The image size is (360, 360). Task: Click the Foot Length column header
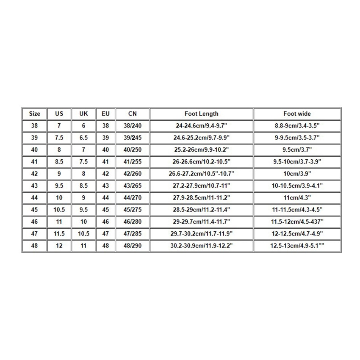pyautogui.click(x=201, y=114)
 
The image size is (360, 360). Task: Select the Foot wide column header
pyautogui.click(x=297, y=114)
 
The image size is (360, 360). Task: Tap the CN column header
pyautogui.click(x=132, y=114)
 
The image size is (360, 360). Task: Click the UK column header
pyautogui.click(x=83, y=114)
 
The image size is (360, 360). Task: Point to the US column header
pyautogui.click(x=59, y=114)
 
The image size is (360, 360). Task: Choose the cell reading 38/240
pyautogui.click(x=132, y=125)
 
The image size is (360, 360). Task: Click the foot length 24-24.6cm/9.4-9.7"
pyautogui.click(x=201, y=125)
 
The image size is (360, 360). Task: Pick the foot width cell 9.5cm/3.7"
pyautogui.click(x=297, y=150)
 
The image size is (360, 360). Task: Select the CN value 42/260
pyautogui.click(x=132, y=174)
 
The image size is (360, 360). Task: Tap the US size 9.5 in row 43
pyautogui.click(x=59, y=186)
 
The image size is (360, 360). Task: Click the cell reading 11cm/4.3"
pyautogui.click(x=297, y=198)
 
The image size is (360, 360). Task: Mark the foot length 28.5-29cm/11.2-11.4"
pyautogui.click(x=201, y=210)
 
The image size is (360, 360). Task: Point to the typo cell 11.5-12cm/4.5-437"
pyautogui.click(x=297, y=222)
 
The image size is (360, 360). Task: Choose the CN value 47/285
pyautogui.click(x=132, y=234)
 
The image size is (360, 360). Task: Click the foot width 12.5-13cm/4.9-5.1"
pyautogui.click(x=297, y=246)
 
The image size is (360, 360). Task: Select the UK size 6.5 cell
pyautogui.click(x=83, y=138)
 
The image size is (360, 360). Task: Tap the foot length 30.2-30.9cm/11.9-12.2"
pyautogui.click(x=201, y=246)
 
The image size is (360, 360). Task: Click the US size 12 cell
pyautogui.click(x=59, y=246)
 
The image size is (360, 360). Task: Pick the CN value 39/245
pyautogui.click(x=132, y=138)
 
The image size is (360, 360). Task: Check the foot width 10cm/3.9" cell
pyautogui.click(x=297, y=174)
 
